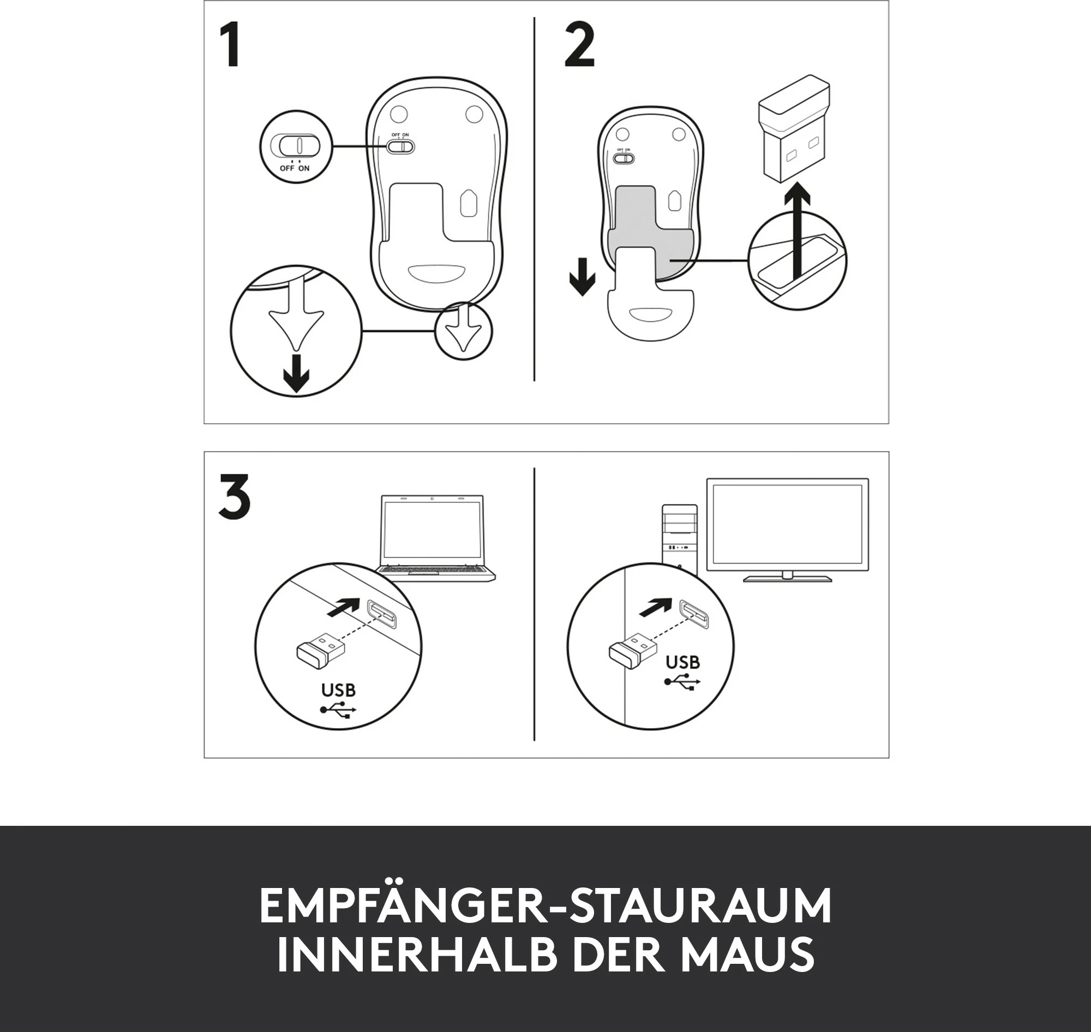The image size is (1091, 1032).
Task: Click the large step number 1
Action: (x=230, y=45)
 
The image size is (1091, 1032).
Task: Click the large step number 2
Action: (x=580, y=46)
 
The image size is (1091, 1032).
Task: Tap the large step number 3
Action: (x=235, y=497)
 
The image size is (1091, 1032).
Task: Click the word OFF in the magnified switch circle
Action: (x=287, y=169)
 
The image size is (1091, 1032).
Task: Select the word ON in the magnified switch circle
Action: (x=304, y=169)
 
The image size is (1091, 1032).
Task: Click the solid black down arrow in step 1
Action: (x=296, y=374)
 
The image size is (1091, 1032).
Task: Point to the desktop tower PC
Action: (x=681, y=539)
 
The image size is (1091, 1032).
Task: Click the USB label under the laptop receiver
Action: (x=338, y=690)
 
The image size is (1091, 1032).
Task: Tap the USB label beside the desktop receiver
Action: (x=683, y=662)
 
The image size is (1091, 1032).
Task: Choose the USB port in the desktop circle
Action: (x=694, y=614)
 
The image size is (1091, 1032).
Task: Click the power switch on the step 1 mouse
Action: (x=400, y=146)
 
